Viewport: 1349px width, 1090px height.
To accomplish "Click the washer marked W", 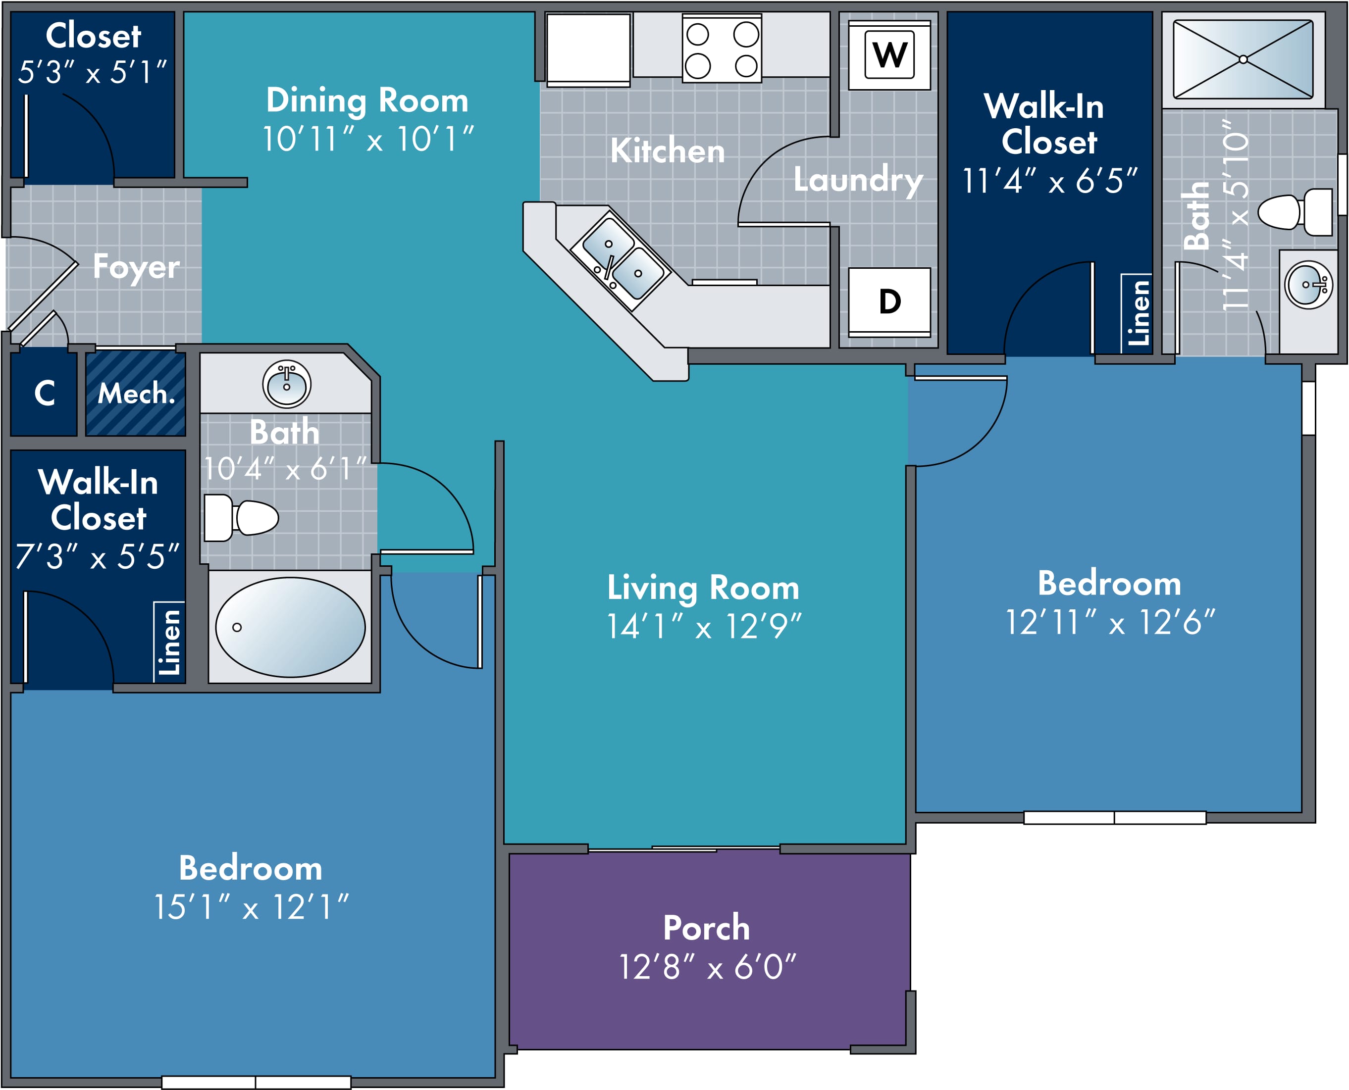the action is click(889, 55).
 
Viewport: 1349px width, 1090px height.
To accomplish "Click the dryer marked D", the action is click(889, 302).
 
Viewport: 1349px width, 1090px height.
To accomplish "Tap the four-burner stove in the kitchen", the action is click(722, 49).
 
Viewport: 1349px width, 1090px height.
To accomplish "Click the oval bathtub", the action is click(290, 627).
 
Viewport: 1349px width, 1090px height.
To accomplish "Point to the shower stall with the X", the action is click(1243, 59).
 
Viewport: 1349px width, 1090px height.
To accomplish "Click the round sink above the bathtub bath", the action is click(286, 384).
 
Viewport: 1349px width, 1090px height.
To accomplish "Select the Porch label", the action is click(707, 928).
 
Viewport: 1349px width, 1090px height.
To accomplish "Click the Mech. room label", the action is click(136, 394).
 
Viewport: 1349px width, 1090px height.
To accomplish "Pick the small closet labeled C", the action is click(44, 393).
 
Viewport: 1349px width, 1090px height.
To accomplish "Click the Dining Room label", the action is click(367, 100).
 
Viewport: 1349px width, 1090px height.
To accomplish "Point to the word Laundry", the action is click(858, 181).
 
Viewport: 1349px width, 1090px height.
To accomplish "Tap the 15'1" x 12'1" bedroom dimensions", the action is click(251, 907).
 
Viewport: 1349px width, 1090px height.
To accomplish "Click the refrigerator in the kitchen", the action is click(588, 50).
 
